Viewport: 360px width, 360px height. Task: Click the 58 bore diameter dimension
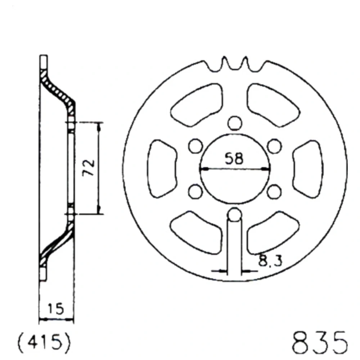[234, 159]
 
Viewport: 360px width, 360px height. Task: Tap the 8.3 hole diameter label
[270, 261]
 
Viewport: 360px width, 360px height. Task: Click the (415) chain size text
[44, 343]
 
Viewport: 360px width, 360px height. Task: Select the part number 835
[320, 343]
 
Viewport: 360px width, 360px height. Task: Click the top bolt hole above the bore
[235, 123]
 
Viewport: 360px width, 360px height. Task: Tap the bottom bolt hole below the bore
[234, 215]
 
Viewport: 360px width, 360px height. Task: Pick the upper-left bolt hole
[195, 146]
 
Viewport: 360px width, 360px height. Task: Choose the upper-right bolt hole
[275, 146]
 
